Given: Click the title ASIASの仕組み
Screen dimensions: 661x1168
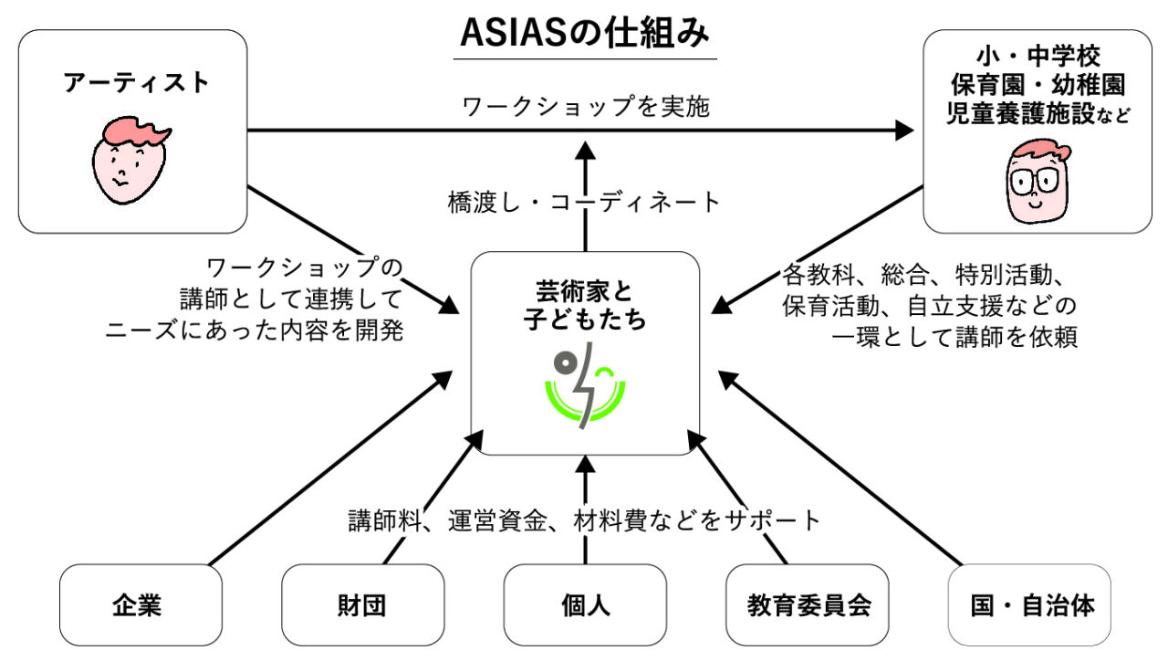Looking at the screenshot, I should (584, 34).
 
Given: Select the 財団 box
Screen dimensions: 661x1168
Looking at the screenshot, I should (362, 605).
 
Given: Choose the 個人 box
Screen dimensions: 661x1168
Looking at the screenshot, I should (585, 605).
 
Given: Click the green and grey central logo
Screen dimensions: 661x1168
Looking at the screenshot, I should (585, 384).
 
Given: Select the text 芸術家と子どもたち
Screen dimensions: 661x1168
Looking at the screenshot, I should (584, 305).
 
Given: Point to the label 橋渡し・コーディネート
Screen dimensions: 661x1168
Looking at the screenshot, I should (585, 201).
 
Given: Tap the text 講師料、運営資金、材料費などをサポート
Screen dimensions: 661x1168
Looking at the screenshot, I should (585, 520).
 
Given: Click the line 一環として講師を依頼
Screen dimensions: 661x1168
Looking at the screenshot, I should (955, 338).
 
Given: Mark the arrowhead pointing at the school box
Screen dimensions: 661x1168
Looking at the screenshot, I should (904, 131).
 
